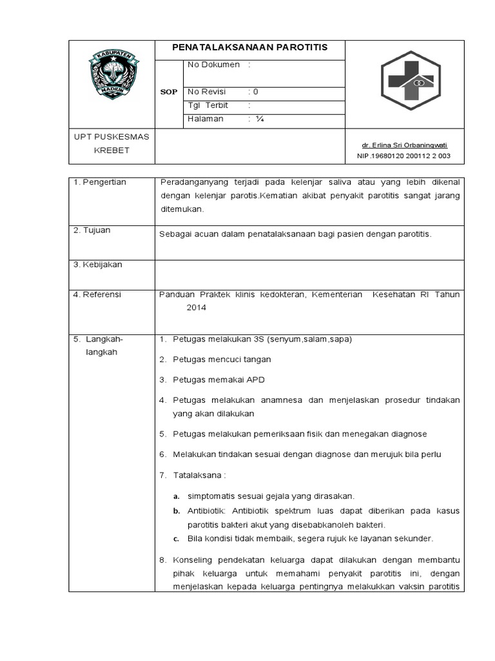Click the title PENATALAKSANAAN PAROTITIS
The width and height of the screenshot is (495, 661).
pos(249,48)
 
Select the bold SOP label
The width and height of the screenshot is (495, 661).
pos(168,92)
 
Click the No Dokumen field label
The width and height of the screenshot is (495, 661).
pos(213,65)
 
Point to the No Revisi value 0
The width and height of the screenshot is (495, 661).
pos(256,92)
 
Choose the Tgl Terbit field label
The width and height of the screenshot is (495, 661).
pos(205,105)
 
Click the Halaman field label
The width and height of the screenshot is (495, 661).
pos(205,119)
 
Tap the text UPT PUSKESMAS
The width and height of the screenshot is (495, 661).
pos(112,137)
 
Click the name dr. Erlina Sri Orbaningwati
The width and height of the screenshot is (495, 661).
pos(403,145)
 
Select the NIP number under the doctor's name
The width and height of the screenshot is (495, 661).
pos(403,156)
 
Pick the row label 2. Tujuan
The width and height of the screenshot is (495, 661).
pos(92,230)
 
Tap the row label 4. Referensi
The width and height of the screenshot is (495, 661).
pos(97,294)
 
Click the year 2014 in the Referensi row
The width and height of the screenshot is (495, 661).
pos(196,309)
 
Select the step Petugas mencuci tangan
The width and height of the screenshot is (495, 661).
pos(222,359)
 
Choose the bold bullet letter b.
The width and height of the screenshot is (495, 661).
pos(176,511)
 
